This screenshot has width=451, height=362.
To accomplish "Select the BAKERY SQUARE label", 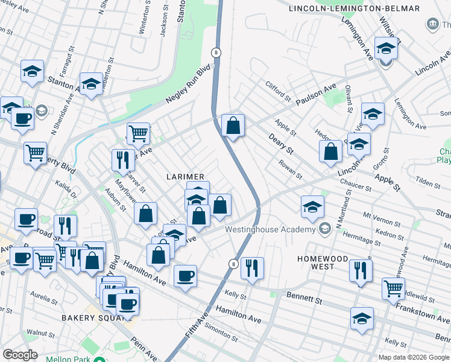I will click(x=88, y=318).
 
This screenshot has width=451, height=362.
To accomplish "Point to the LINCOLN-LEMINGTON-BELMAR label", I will click(x=353, y=8).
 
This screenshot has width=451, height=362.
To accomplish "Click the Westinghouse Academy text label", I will click(x=270, y=229).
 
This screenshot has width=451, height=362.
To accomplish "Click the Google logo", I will click(x=20, y=355).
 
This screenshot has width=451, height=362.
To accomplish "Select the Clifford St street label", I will click(x=279, y=91).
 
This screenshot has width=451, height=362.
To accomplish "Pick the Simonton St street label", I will click(x=221, y=331).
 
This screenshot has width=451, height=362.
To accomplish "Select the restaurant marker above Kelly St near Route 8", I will click(x=252, y=268).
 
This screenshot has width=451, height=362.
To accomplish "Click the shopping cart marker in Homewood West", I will click(x=393, y=288).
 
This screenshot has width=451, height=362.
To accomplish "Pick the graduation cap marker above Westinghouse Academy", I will click(x=312, y=207).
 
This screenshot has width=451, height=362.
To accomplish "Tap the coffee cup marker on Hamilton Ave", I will click(x=185, y=276).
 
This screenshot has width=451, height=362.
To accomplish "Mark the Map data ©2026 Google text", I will click(x=413, y=357).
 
